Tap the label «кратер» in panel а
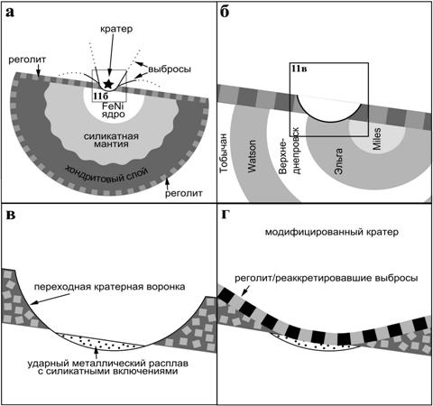(x=116, y=29)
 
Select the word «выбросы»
(x=170, y=69)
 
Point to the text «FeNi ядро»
(x=114, y=110)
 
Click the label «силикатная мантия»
(x=111, y=140)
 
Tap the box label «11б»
(x=100, y=96)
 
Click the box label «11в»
(x=299, y=69)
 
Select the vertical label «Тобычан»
(x=224, y=153)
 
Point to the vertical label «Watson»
(x=252, y=156)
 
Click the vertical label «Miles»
(x=376, y=139)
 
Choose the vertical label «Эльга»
(x=338, y=161)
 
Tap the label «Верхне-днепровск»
(x=290, y=151)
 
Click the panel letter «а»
(x=10, y=13)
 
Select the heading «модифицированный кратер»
(x=332, y=232)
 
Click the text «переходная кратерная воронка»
(x=109, y=287)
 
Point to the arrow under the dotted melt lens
(x=96, y=353)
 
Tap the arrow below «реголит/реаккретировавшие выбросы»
(x=245, y=290)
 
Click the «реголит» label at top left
(x=27, y=60)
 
